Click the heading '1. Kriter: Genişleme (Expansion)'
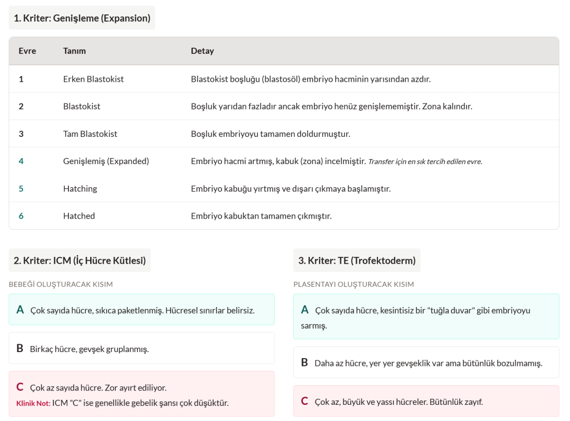[82, 18]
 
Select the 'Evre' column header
[27, 51]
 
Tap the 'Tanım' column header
[75, 51]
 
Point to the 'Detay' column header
[202, 51]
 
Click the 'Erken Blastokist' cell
[94, 79]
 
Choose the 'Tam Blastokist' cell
[90, 133]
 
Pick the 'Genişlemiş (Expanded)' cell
[106, 161]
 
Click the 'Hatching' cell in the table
[80, 189]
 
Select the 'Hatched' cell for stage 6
[79, 216]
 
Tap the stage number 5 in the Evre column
[21, 189]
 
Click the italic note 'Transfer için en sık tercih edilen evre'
[425, 162]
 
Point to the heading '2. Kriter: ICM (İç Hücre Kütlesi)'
[80, 260]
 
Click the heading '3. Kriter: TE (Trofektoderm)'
[357, 260]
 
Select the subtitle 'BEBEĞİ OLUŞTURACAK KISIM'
[61, 284]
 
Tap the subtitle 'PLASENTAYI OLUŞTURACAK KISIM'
[353, 284]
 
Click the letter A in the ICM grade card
[20, 310]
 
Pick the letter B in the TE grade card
[304, 363]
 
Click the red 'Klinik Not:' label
[33, 403]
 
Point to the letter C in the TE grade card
[304, 401]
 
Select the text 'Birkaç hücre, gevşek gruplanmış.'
[89, 349]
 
